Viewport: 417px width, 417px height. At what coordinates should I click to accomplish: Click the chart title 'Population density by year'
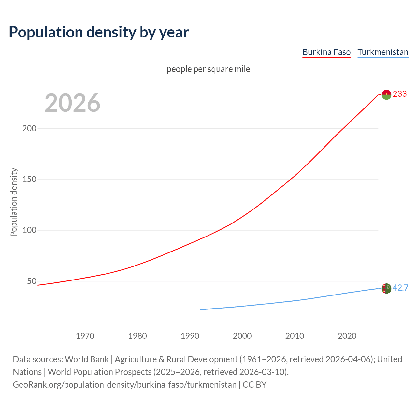tap(99, 32)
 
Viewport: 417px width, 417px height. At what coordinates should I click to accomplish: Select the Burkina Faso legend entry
tap(326, 52)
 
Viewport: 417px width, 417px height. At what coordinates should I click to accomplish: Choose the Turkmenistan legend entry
tap(383, 52)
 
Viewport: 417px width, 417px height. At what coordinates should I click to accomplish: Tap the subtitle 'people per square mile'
tap(208, 69)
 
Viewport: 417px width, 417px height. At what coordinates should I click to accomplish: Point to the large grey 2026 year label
tap(72, 103)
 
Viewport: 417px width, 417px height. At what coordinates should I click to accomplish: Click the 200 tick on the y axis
tap(29, 128)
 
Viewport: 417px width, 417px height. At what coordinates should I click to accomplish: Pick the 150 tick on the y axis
tap(29, 179)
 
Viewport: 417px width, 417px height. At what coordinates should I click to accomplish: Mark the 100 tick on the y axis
tap(29, 230)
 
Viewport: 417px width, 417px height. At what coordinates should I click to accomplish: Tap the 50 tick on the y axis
tap(32, 281)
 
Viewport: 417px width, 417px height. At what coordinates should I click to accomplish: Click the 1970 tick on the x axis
tap(85, 336)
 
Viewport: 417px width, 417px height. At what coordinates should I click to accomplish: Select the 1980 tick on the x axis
tap(137, 336)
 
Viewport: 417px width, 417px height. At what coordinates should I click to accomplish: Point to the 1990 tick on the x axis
tap(190, 336)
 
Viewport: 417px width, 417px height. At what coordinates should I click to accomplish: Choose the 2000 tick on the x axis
tap(242, 336)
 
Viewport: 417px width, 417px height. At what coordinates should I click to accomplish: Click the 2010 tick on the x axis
tap(295, 336)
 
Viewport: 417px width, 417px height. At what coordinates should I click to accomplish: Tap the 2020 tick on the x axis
tap(347, 336)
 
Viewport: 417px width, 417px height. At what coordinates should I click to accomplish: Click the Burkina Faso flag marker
tap(386, 94)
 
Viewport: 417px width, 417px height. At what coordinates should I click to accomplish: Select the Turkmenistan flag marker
tap(386, 288)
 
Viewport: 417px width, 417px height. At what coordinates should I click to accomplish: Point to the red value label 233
tap(400, 94)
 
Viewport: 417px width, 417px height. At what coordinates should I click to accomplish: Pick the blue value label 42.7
tap(400, 288)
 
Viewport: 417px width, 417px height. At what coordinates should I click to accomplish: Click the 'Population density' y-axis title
tap(14, 202)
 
